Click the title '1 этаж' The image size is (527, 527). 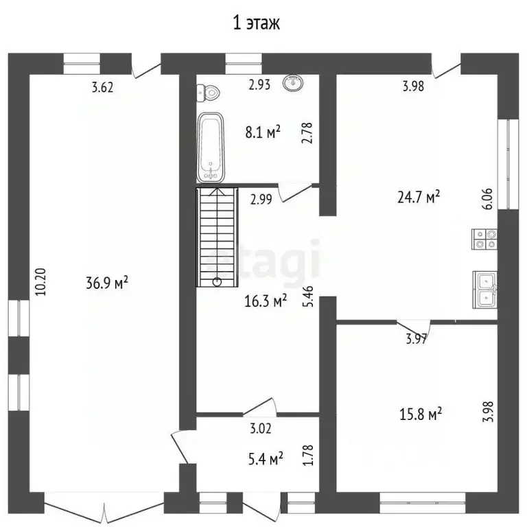click(x=257, y=23)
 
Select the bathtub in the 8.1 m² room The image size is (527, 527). click(x=211, y=148)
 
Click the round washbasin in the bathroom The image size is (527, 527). click(x=293, y=82)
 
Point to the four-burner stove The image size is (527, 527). click(x=484, y=239)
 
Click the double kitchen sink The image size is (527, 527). click(x=485, y=290)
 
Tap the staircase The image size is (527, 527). click(x=217, y=237)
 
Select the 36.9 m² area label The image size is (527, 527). click(x=107, y=282)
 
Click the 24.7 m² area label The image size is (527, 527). click(x=419, y=197)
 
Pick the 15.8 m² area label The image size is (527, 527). click(x=421, y=414)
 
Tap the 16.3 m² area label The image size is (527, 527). click(x=266, y=301)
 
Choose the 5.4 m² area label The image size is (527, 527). click(x=266, y=458)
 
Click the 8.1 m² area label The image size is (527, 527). click(x=263, y=132)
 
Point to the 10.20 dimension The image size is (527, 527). click(x=40, y=281)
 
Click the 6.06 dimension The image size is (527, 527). click(x=487, y=199)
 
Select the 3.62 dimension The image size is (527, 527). click(x=102, y=87)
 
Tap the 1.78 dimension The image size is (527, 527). click(x=308, y=455)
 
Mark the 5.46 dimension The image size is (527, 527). click(x=308, y=296)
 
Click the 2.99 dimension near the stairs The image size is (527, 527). click(x=261, y=199)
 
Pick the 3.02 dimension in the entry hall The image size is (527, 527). click(x=261, y=428)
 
